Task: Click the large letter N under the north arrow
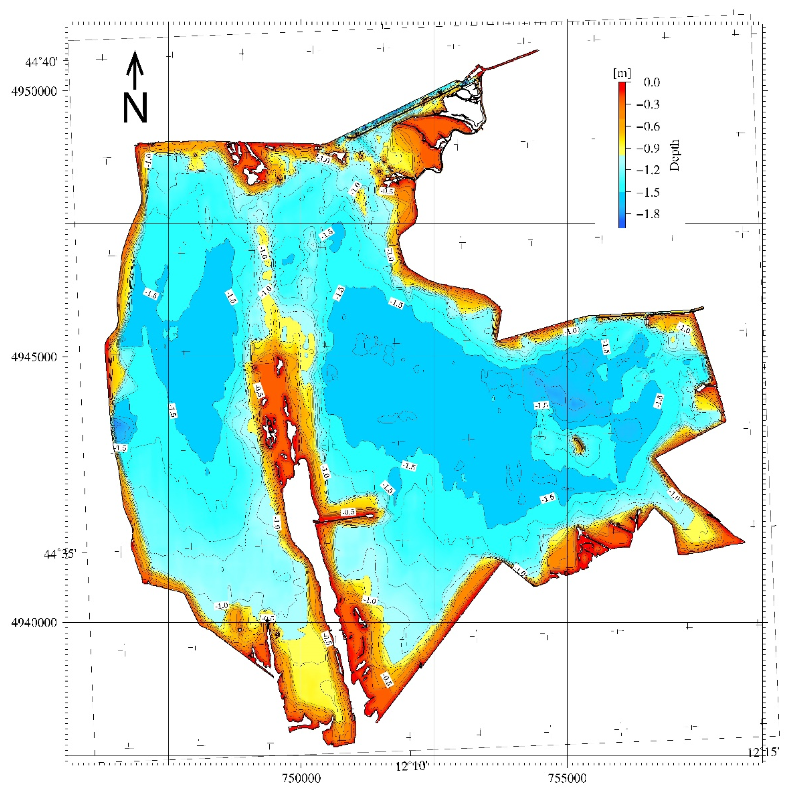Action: point(135,108)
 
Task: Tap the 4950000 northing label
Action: point(34,91)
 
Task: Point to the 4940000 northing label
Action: point(34,622)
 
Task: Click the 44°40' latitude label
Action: point(41,62)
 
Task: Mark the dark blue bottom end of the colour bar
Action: point(622,224)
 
